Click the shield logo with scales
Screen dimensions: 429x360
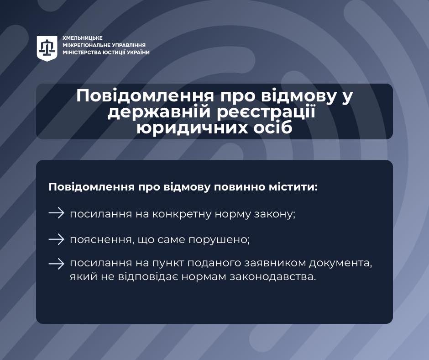(47, 48)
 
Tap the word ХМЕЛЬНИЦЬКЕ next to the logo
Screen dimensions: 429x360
(82, 38)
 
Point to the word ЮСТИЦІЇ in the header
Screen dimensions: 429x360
(115, 53)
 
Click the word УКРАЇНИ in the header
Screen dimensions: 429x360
(138, 53)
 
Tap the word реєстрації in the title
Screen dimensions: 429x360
(266, 112)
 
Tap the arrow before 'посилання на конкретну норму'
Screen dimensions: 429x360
(56, 213)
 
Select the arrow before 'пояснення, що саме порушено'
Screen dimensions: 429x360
(56, 239)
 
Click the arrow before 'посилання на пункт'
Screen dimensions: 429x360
(56, 264)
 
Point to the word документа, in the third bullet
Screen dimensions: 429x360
(341, 264)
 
